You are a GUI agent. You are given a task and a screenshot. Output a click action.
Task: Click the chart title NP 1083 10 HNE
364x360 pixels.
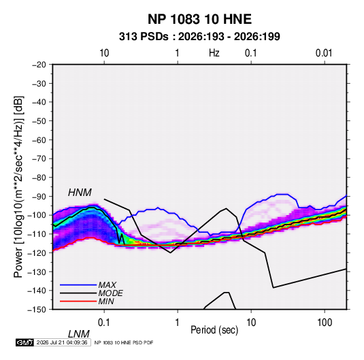(x=199, y=19)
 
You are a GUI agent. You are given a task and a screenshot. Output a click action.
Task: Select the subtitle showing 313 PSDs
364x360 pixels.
(x=199, y=37)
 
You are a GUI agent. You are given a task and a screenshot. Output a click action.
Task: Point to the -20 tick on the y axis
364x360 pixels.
(x=39, y=65)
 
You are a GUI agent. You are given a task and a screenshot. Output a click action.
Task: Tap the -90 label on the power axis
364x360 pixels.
(x=39, y=197)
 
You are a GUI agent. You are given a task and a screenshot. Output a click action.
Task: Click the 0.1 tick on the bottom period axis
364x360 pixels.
(x=104, y=323)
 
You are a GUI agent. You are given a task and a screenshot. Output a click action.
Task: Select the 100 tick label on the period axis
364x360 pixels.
(x=325, y=323)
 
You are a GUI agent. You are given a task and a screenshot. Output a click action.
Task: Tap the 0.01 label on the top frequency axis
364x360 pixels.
(x=324, y=53)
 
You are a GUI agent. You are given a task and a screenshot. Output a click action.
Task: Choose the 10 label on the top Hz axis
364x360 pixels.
(x=104, y=53)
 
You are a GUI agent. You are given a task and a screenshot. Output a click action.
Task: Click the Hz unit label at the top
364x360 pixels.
(x=214, y=53)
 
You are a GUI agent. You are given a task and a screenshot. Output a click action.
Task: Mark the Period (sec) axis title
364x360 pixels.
(x=214, y=330)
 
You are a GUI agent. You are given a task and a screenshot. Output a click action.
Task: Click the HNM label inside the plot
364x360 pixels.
(x=80, y=193)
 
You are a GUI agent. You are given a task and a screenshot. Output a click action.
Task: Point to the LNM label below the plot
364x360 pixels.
(x=79, y=334)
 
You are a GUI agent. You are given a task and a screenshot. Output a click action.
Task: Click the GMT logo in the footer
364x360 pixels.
(x=24, y=342)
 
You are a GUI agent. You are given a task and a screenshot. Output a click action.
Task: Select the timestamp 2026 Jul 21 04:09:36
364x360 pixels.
(x=62, y=342)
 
